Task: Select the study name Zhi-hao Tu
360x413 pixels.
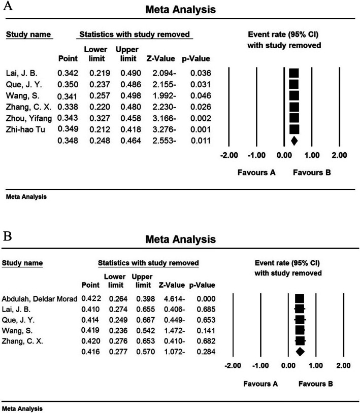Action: [23, 129]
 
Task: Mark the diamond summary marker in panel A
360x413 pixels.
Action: [293, 140]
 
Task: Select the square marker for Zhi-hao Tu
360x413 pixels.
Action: [294, 129]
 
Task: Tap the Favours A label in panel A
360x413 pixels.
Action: [256, 173]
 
